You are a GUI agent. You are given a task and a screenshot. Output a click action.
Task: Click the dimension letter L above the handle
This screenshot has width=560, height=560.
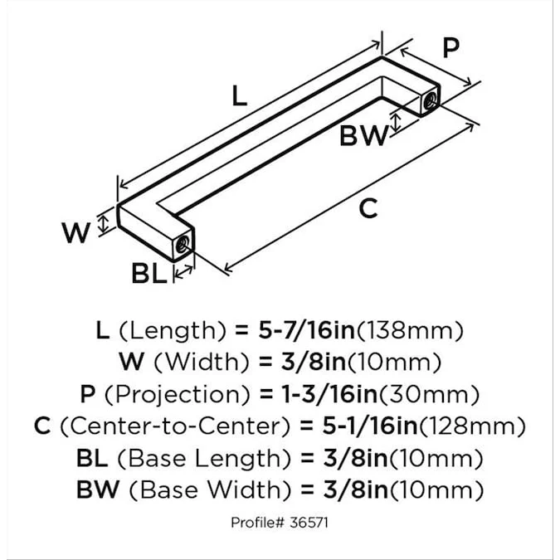coord(239,96)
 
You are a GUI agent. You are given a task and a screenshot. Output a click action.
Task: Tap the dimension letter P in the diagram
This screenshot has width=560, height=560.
coord(450,49)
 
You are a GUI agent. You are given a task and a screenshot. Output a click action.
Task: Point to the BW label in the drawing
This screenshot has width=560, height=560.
coord(363,135)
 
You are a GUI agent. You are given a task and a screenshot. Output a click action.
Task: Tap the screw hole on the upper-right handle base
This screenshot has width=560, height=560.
coord(431,101)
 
